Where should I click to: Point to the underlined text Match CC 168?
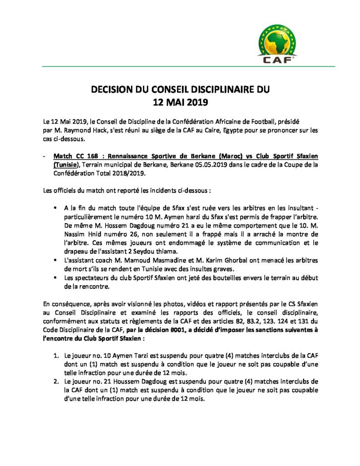pos(76,156)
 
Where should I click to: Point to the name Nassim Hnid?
pos(75,234)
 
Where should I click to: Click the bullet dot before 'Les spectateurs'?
pos(55,278)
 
